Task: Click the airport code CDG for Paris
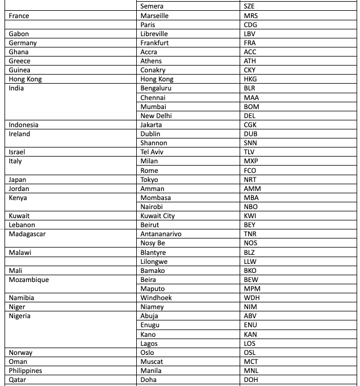click(250, 25)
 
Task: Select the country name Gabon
click(19, 34)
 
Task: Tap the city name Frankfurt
click(154, 43)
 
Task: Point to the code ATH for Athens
click(250, 61)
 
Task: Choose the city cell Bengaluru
click(155, 88)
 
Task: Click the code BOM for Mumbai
click(251, 107)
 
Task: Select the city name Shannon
click(153, 143)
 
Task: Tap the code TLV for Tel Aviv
click(249, 152)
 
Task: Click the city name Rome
click(149, 171)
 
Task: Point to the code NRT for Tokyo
click(250, 180)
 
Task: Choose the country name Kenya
click(18, 198)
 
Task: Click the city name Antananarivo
click(161, 234)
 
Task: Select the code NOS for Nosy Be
click(250, 243)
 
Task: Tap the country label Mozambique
click(29, 280)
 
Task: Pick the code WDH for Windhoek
click(251, 298)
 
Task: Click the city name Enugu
click(150, 325)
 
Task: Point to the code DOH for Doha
click(250, 380)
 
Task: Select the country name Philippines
click(26, 371)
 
